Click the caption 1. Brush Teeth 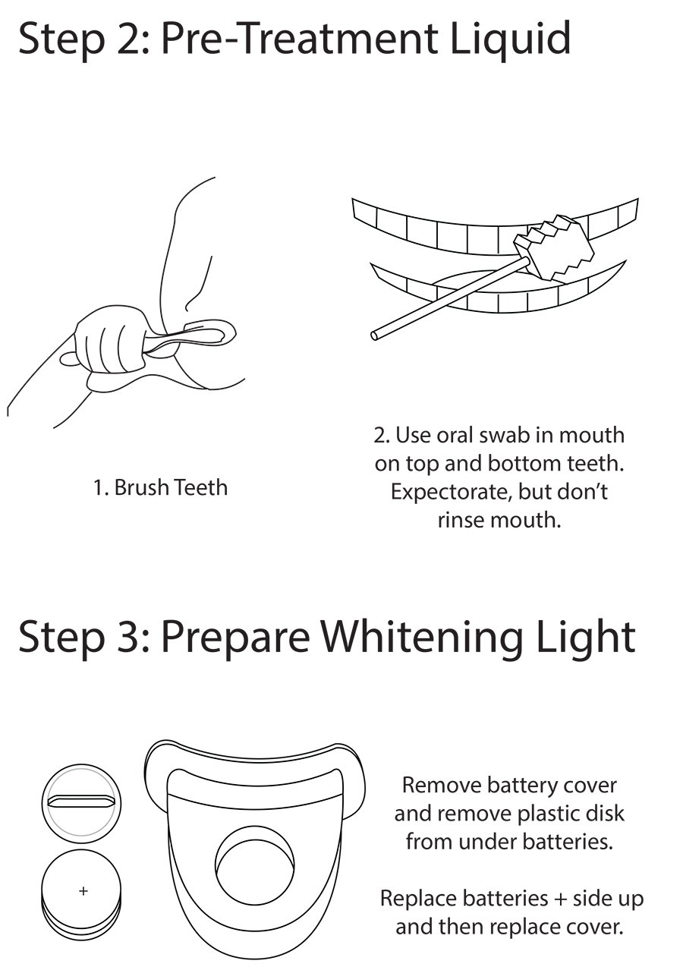tap(161, 487)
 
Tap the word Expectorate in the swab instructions tap(450, 493)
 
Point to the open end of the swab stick tap(374, 335)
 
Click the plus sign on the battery tap(83, 890)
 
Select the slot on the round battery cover tap(81, 801)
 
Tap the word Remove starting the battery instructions tap(441, 785)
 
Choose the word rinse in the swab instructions tap(461, 520)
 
